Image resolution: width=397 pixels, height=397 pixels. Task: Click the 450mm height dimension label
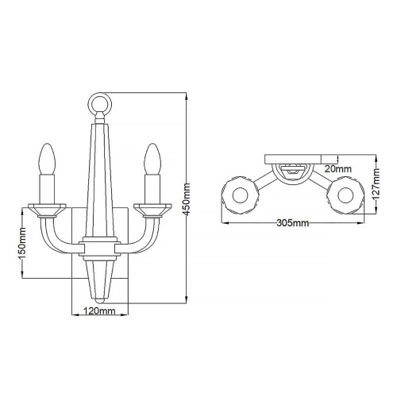pyautogui.click(x=188, y=198)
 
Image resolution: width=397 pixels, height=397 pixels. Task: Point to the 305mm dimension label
pyautogui.click(x=293, y=224)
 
